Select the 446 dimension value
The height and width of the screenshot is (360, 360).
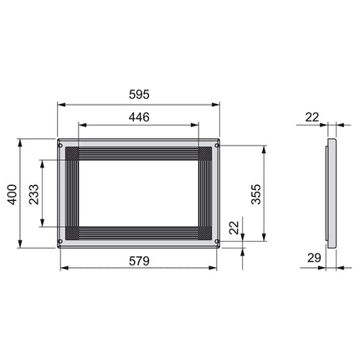pos(139,117)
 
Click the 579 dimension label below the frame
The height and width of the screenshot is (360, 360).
pos(139,260)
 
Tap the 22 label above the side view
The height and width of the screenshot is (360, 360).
pos(313,118)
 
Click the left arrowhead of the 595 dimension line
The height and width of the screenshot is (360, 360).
pos(60,105)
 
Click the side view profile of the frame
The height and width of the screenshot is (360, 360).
pos(330,194)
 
